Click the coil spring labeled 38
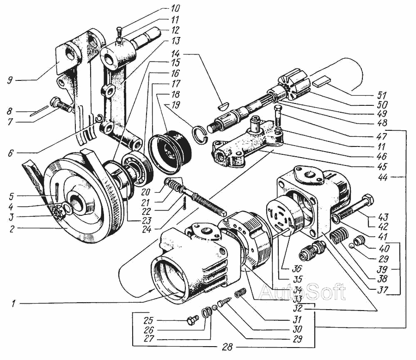tap(340, 237)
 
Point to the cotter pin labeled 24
tap(184, 204)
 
